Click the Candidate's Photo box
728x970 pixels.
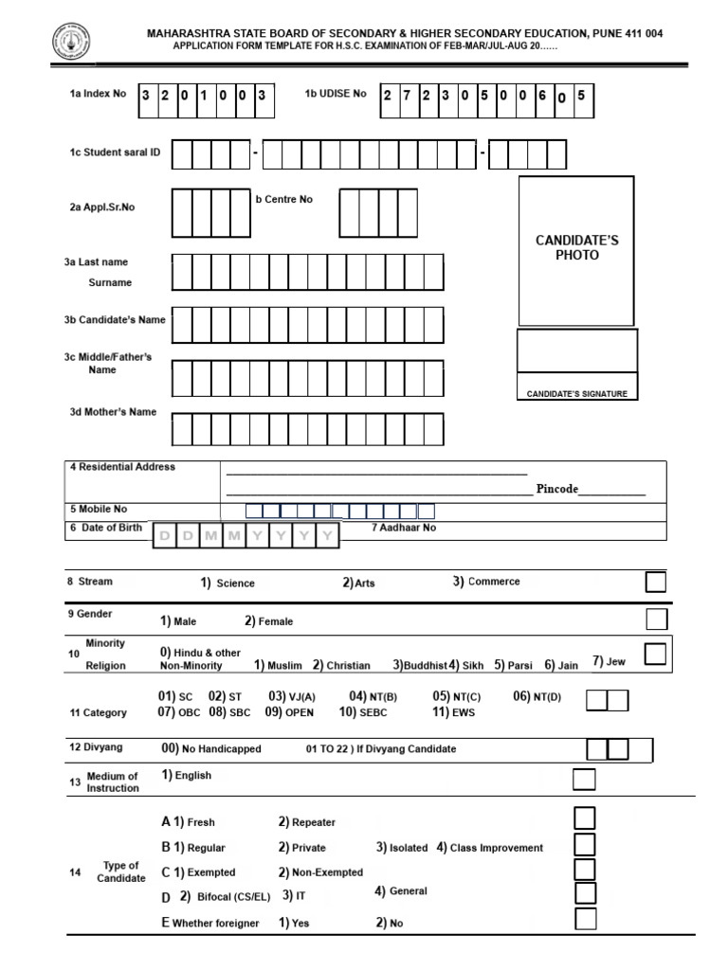[x=576, y=249]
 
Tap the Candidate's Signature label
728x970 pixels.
[x=576, y=394]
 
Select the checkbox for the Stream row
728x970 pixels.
[x=655, y=582]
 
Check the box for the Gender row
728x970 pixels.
[x=656, y=620]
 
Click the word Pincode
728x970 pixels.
[x=557, y=489]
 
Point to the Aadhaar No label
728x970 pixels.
[x=404, y=528]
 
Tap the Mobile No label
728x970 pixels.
[x=97, y=509]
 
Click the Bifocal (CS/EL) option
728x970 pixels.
[x=233, y=896]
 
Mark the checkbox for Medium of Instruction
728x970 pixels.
[x=585, y=779]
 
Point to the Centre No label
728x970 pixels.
[x=283, y=200]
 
